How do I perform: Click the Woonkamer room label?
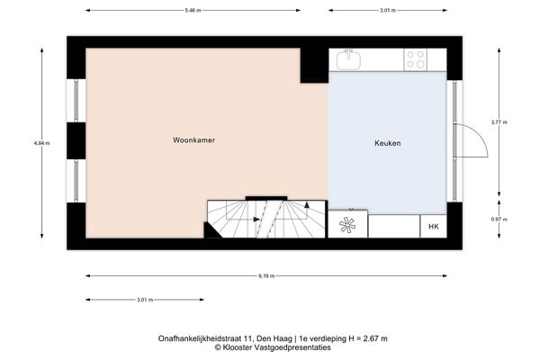pos(193,140)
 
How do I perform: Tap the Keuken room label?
pos(387,144)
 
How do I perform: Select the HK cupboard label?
pos(433,227)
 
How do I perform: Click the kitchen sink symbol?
pos(349,60)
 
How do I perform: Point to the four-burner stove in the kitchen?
pos(415,60)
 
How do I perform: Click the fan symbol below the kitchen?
pos(348,226)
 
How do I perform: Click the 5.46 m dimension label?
pos(193,11)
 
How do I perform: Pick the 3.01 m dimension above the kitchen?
pos(386,11)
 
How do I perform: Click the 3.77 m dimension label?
pos(499,121)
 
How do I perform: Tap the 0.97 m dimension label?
pos(499,220)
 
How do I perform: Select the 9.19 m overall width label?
pos(266,276)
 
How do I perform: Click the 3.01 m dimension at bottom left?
pos(144,300)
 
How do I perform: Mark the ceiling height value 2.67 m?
pos(370,338)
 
